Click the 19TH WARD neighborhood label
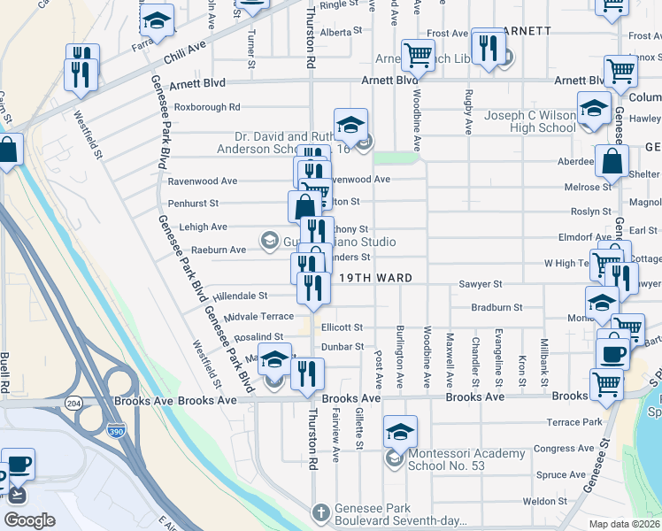377,278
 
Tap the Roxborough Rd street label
207,107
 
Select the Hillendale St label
234,296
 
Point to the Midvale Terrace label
258,316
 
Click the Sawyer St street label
481,284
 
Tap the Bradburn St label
497,307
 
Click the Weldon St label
544,501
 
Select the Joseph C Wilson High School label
530,121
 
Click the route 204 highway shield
73,402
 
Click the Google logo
30,519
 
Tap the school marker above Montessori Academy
400,431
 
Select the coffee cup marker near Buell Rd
18,466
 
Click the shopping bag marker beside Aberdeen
612,161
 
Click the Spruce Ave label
554,475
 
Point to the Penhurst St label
193,204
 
